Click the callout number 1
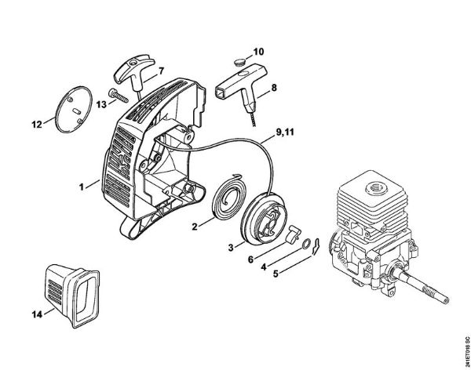81,187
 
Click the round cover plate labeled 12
71,111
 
